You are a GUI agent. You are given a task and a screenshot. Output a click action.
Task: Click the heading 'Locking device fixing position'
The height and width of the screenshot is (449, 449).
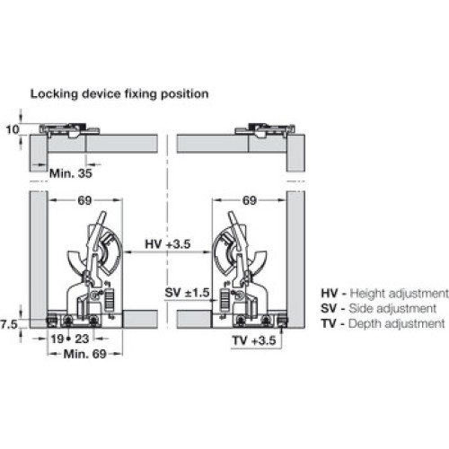(x=119, y=94)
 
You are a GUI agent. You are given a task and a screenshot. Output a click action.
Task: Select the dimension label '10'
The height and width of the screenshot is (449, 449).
(x=13, y=129)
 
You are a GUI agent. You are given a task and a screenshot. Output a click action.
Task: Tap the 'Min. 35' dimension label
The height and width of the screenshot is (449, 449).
(x=71, y=173)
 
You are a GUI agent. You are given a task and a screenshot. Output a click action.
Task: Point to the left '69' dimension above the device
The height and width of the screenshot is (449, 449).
(x=84, y=200)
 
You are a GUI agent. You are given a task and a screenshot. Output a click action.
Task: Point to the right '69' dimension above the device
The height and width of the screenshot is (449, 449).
(x=250, y=200)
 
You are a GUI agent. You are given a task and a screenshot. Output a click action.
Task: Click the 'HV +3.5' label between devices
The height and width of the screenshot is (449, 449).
(x=168, y=244)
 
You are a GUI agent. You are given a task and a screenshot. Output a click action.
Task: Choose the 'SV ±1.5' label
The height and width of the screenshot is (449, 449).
(x=187, y=293)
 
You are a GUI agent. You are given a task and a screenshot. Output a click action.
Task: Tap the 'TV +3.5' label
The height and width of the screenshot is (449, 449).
(x=254, y=340)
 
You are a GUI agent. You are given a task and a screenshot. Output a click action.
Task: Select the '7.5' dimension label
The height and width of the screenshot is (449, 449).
(x=9, y=324)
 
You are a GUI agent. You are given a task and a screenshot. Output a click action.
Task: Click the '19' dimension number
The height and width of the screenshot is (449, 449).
(x=57, y=339)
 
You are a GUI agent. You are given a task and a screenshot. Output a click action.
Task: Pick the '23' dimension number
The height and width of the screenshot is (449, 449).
(x=82, y=339)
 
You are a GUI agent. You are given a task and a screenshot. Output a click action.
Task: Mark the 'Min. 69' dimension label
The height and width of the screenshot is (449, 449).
(x=85, y=354)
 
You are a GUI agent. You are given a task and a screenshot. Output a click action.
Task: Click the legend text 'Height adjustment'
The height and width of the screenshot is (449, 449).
(x=400, y=294)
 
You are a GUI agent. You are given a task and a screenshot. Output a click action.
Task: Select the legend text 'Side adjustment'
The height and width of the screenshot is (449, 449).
(x=392, y=308)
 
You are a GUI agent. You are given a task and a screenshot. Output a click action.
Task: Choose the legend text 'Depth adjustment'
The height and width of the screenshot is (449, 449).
(x=397, y=323)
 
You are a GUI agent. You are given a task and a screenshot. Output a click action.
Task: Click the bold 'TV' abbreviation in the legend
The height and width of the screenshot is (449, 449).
(x=329, y=323)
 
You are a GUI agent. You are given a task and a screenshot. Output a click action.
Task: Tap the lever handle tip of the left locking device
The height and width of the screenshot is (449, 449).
(x=102, y=214)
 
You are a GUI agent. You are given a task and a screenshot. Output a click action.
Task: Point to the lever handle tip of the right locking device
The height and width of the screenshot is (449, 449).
(x=231, y=214)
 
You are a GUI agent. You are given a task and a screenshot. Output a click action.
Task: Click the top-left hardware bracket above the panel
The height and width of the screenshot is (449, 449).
(x=69, y=130)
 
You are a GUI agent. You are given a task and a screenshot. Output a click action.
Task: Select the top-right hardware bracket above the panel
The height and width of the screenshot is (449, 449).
(x=265, y=130)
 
